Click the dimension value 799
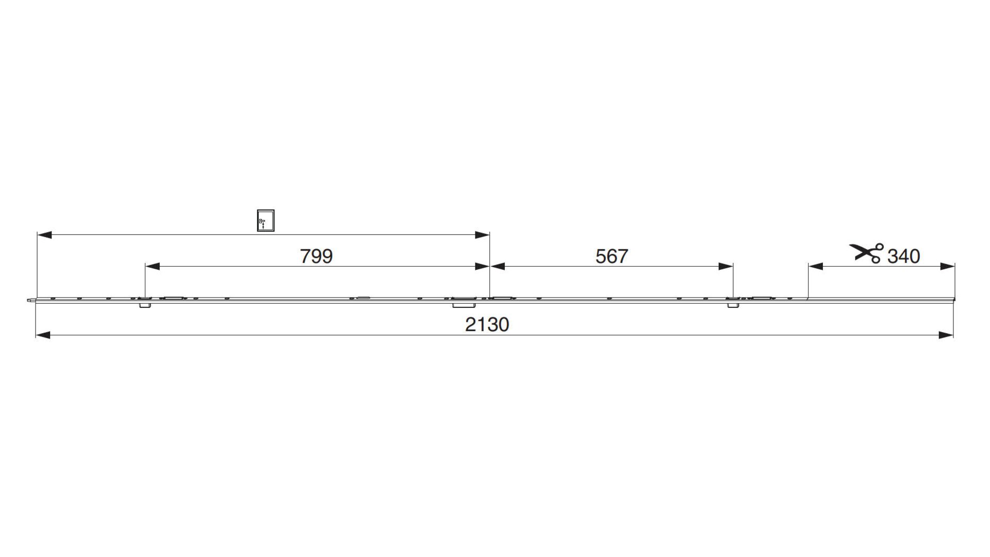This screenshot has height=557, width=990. click(x=317, y=256)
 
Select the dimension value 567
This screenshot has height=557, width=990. click(x=612, y=256)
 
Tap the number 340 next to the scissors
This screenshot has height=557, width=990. click(x=903, y=256)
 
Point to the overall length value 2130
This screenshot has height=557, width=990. click(x=487, y=324)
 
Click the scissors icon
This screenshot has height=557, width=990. click(x=866, y=253)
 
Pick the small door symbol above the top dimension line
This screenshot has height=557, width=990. click(x=266, y=220)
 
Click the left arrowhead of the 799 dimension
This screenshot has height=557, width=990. click(x=153, y=267)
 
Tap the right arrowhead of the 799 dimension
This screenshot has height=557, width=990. click(x=482, y=267)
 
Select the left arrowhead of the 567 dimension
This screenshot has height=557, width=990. click(x=497, y=267)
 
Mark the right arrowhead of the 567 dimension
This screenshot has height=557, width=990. click(x=725, y=267)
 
